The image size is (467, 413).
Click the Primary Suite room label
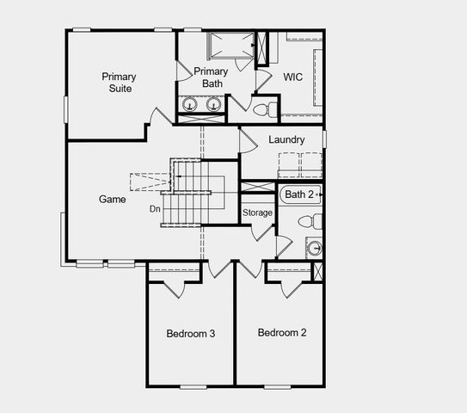119,83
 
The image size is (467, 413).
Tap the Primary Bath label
211,77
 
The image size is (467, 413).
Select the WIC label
293,77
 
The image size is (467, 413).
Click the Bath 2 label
298,194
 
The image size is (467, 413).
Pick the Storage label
257,213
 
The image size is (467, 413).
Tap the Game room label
112,199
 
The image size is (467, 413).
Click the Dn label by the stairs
155,208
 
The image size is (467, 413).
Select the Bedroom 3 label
190,333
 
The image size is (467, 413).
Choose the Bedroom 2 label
281,333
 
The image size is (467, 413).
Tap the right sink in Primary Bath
212,105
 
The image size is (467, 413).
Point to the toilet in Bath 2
310,222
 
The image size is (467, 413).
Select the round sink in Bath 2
315,249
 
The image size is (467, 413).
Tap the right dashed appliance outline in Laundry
310,163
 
